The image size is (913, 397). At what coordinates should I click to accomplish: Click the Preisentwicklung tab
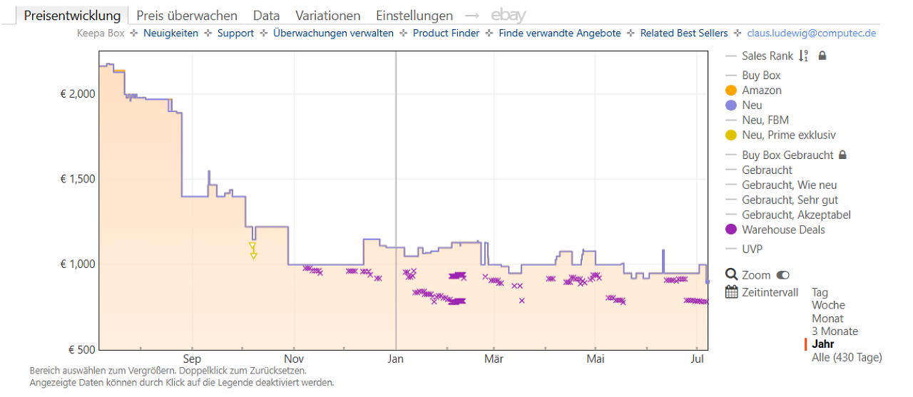click(x=72, y=16)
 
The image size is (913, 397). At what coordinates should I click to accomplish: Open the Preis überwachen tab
click(x=187, y=16)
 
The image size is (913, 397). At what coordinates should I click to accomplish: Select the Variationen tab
click(x=327, y=16)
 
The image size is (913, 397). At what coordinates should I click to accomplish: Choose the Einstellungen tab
click(x=414, y=16)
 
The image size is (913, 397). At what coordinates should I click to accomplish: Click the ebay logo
click(x=509, y=16)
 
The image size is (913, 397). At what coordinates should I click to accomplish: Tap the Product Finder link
click(x=446, y=33)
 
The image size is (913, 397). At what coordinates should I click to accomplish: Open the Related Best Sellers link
click(x=684, y=33)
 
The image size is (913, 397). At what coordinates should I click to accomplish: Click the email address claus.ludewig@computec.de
click(x=812, y=33)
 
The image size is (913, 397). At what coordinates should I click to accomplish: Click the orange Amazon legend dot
click(x=731, y=91)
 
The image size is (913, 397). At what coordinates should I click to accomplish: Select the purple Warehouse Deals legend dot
click(x=731, y=230)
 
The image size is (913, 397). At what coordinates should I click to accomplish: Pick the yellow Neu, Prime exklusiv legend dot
click(x=731, y=135)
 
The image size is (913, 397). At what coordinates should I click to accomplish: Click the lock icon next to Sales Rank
click(x=822, y=56)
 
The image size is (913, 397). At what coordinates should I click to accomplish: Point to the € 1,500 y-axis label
click(x=78, y=179)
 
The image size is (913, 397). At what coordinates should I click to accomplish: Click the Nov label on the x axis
click(x=294, y=359)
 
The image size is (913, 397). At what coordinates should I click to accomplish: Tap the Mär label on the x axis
click(x=494, y=359)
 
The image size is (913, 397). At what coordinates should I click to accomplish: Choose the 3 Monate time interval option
click(x=835, y=331)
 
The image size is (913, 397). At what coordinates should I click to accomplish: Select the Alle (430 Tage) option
click(x=847, y=358)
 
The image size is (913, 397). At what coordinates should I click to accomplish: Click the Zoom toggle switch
click(x=783, y=275)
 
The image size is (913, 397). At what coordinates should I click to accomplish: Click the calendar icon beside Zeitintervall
click(x=732, y=292)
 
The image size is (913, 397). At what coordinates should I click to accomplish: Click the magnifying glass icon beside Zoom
click(x=732, y=274)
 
